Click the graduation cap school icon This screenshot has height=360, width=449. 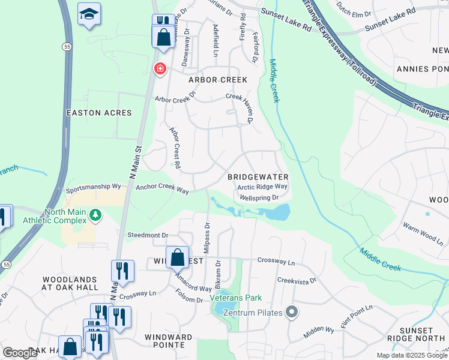(89, 14)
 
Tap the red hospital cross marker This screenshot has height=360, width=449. (160, 69)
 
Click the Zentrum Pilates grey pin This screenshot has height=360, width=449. (292, 311)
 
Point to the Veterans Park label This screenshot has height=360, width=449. (236, 298)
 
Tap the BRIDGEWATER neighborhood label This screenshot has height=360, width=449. (258, 177)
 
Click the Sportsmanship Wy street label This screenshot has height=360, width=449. (94, 187)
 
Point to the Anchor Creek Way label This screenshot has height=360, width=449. (162, 190)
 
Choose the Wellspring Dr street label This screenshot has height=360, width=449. (259, 197)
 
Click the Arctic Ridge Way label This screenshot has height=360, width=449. (262, 187)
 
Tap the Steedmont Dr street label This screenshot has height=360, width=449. (148, 235)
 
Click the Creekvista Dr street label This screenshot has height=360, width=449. (297, 280)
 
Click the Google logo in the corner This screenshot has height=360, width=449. (20, 353)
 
